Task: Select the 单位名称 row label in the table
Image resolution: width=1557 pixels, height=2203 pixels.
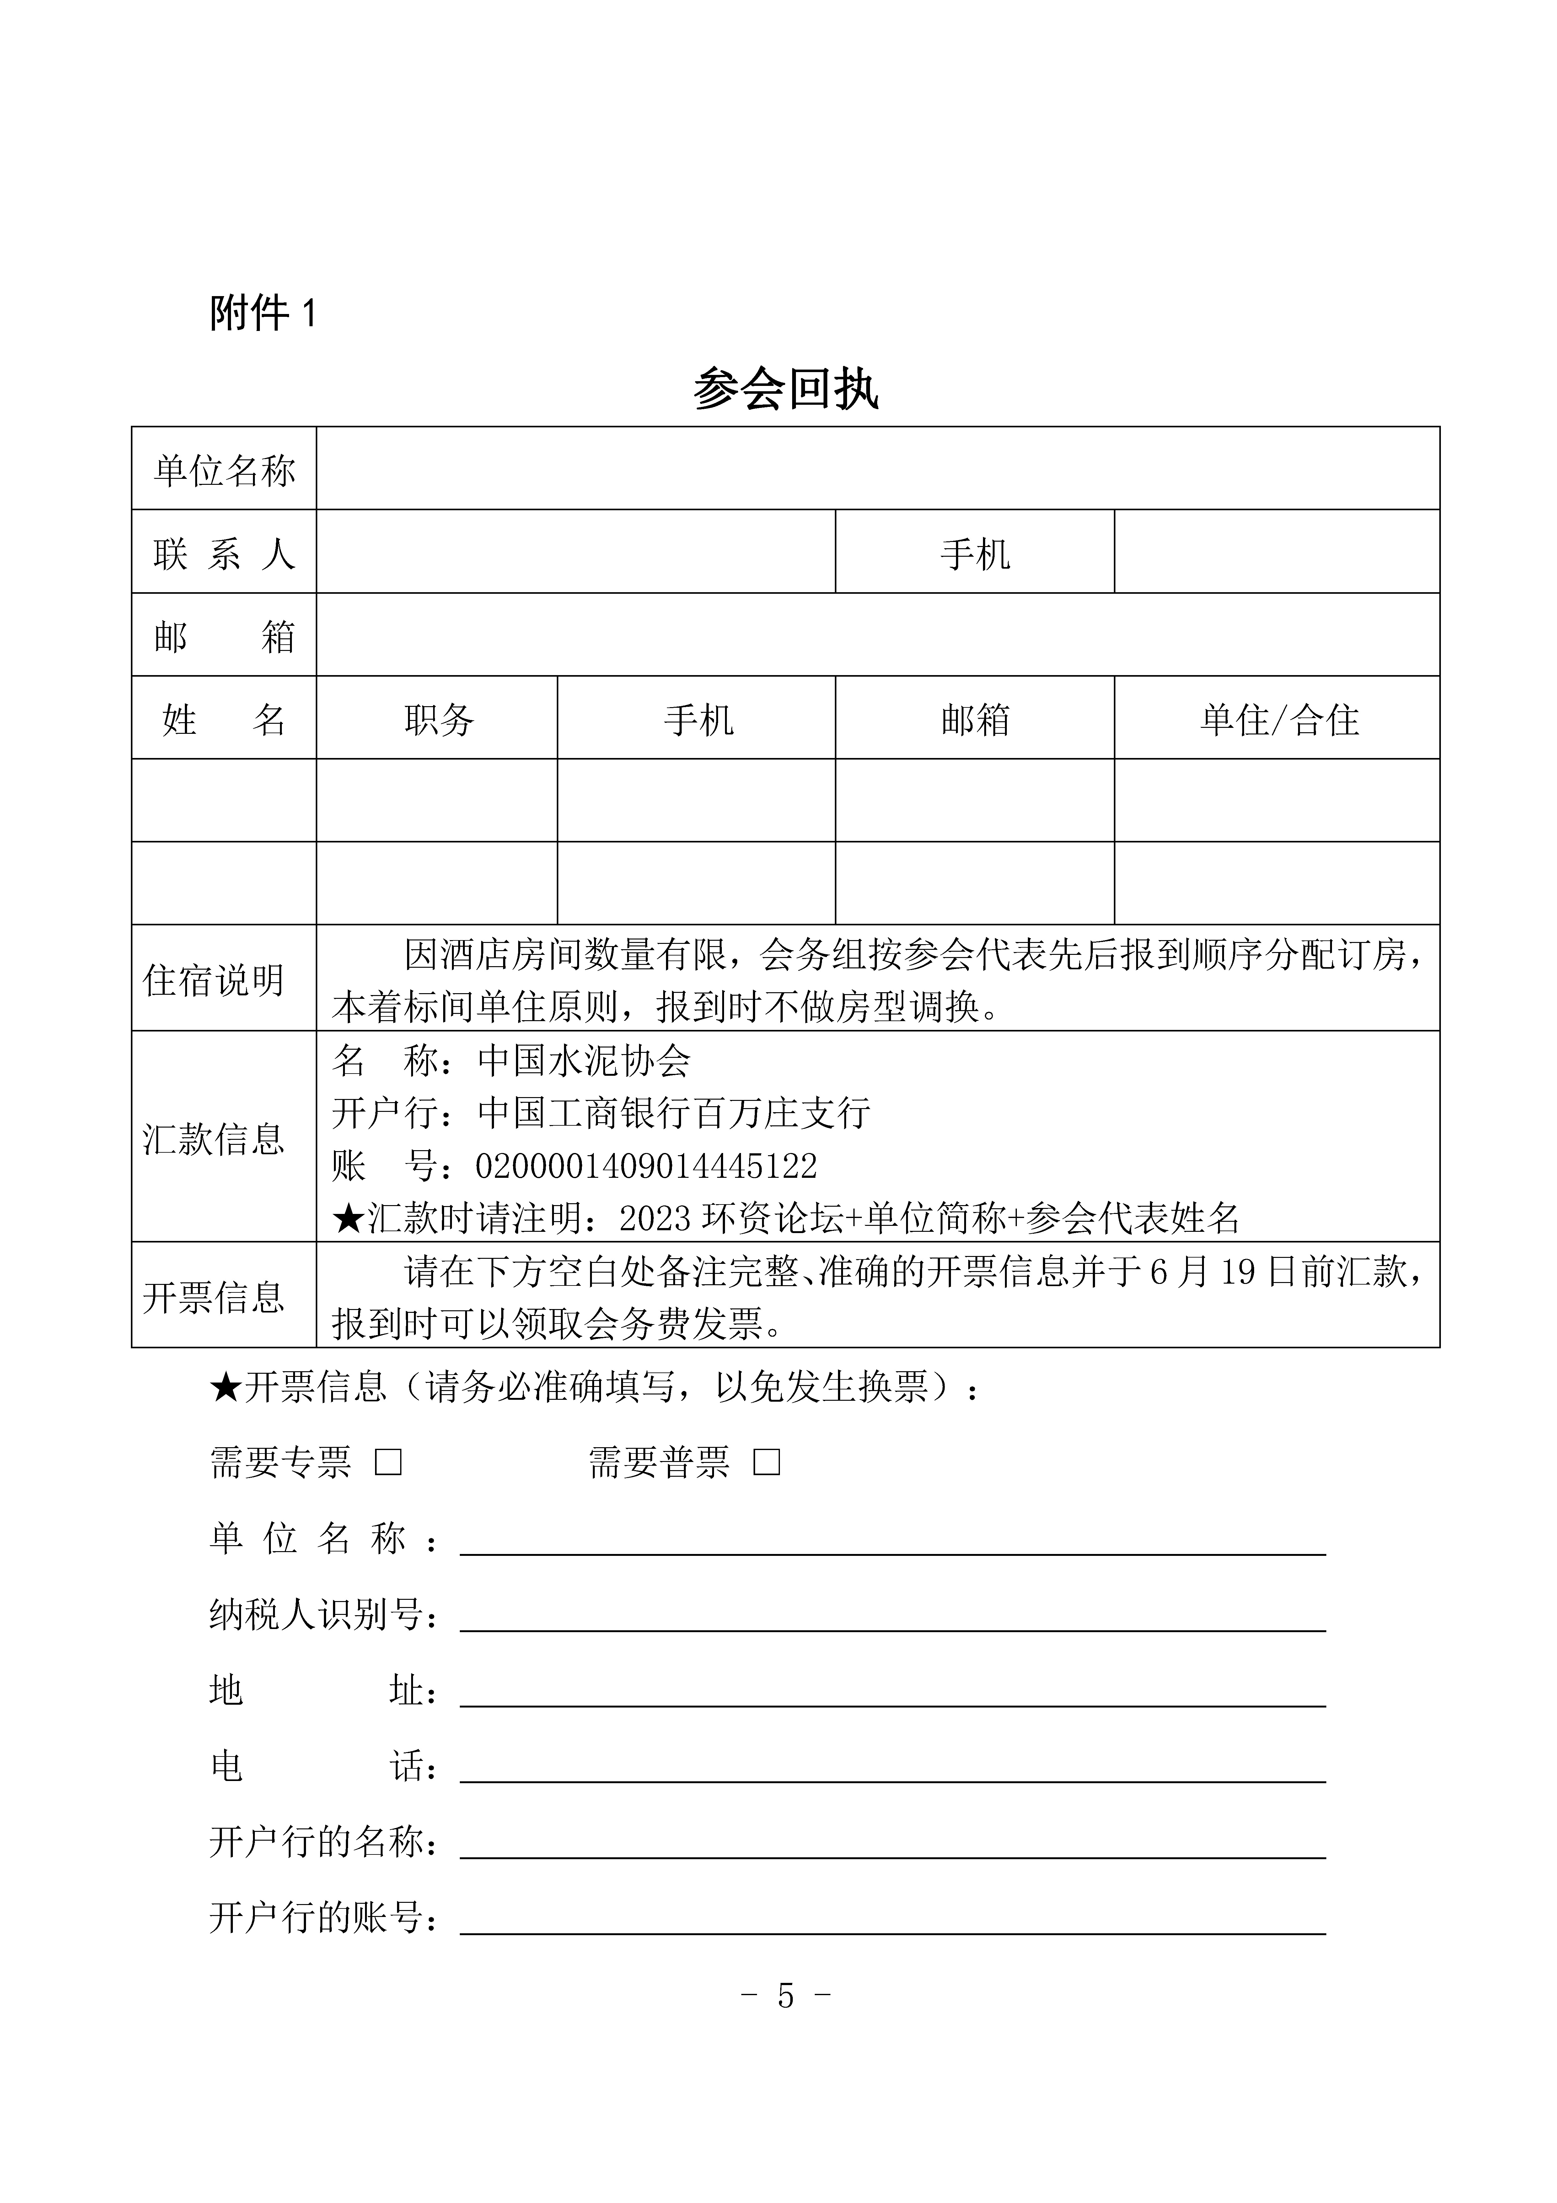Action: pyautogui.click(x=224, y=470)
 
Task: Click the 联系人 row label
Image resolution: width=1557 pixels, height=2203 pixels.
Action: pyautogui.click(x=224, y=554)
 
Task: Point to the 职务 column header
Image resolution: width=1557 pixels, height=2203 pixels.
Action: pyautogui.click(x=438, y=720)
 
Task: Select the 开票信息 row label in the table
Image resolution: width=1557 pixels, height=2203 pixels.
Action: pyautogui.click(x=214, y=1297)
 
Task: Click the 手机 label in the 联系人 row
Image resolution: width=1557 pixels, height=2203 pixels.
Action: pyautogui.click(x=975, y=554)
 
